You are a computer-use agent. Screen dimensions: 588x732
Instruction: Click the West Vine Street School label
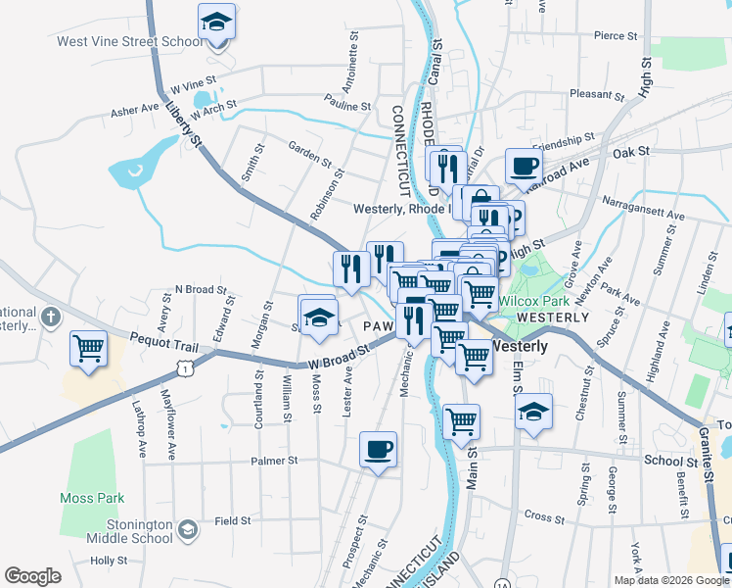117,42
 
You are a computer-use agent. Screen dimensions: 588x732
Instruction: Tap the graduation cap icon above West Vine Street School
217,22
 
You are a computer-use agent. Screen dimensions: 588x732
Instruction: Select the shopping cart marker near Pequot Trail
88,349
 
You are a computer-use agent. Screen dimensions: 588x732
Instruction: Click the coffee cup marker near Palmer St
378,450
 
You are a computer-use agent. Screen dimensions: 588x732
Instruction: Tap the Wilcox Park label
531,301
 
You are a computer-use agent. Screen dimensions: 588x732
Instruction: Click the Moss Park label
90,498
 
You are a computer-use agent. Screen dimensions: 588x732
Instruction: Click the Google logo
32,576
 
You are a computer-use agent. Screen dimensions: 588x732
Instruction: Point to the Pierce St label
616,36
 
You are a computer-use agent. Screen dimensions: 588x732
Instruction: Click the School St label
669,460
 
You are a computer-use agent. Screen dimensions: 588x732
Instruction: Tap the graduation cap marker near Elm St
532,412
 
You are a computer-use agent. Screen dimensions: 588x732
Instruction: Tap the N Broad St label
200,290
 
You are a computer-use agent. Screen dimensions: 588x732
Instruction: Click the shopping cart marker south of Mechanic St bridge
461,422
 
